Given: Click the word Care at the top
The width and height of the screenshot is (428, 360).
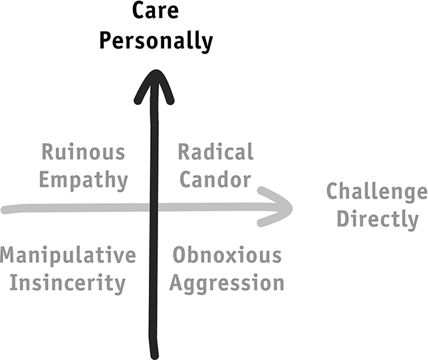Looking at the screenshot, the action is (x=156, y=11).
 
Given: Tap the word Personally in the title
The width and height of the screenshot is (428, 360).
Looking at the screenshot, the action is (x=156, y=41).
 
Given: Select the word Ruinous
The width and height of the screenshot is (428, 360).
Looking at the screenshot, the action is (x=83, y=152).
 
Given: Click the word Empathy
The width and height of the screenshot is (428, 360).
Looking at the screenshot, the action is (x=84, y=180).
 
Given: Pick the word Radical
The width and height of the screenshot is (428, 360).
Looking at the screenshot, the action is (x=215, y=151).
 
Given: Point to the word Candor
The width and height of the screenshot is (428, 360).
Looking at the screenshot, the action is (x=215, y=179).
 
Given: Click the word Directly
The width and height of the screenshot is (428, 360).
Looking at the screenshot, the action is (x=377, y=219).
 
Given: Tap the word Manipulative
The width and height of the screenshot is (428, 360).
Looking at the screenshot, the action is (x=68, y=255).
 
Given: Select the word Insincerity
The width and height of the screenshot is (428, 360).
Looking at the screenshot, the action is (x=67, y=283).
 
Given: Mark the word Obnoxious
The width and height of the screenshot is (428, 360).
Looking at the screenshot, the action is (x=227, y=255).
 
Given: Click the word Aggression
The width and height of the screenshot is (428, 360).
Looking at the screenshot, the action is (x=227, y=284).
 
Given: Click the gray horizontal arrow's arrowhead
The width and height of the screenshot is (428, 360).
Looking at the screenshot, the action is (x=276, y=207).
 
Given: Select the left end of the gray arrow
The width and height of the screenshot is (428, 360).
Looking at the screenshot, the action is (x=5, y=210).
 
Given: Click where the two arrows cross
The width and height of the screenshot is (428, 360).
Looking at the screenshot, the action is (x=154, y=208).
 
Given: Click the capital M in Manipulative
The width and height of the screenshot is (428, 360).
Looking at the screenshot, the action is (x=7, y=255).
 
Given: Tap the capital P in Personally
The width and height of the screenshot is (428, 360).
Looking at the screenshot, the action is (x=105, y=41).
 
